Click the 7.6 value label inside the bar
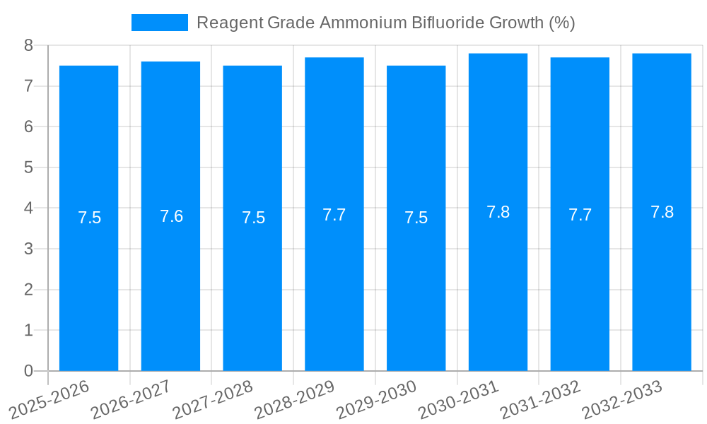pos(171,216)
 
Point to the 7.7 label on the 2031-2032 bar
pos(580,215)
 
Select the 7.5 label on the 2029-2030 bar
pos(416,218)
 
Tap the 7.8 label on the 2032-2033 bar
pos(662,212)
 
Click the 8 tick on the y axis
pos(28,45)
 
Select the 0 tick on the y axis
pos(28,371)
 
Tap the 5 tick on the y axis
pos(28,167)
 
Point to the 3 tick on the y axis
pos(28,249)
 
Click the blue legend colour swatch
pos(160,23)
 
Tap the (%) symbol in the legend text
pos(562,23)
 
